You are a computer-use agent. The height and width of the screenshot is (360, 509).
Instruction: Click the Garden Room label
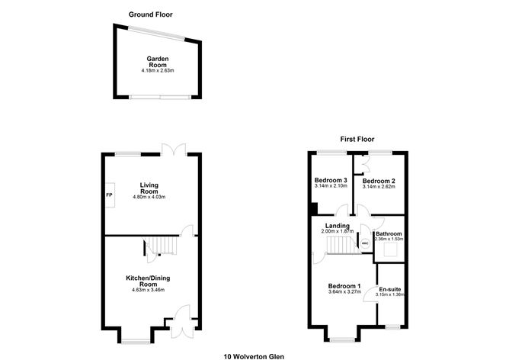(x=158, y=62)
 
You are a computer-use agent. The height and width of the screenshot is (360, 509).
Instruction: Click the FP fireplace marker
(x=109, y=194)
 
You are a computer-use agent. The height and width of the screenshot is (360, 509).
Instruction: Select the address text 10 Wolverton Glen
(x=254, y=355)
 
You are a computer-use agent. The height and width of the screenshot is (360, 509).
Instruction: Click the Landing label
(x=336, y=226)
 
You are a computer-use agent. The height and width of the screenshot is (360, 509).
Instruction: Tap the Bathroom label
(x=389, y=233)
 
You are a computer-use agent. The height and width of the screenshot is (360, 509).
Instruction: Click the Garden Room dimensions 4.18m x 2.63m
(x=158, y=72)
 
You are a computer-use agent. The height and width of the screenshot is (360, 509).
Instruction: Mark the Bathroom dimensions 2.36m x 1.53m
(x=389, y=239)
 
